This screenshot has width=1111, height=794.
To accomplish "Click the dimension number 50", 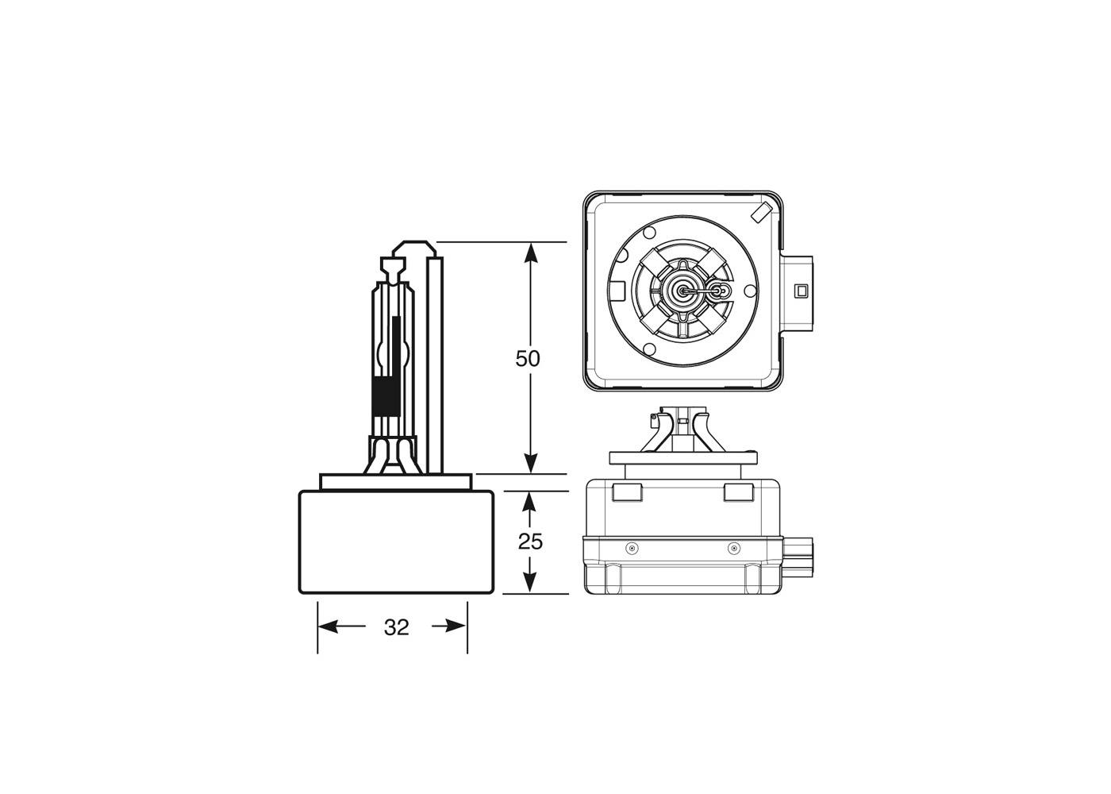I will coord(528,359).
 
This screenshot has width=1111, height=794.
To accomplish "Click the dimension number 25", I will coord(530,542).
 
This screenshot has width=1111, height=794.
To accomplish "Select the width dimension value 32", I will coord(396,627).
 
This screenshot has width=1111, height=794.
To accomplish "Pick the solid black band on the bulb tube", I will coord(386,398).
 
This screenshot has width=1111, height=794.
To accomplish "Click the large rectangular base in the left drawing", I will coord(396,542).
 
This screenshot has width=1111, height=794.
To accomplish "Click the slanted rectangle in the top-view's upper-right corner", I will coord(760,211).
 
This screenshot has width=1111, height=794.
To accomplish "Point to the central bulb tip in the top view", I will coord(682,291).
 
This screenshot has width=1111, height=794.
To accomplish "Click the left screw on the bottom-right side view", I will coord(631,548).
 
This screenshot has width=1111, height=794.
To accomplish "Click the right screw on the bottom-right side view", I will coord(734,548).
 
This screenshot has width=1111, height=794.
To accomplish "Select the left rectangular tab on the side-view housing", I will coord(627,492).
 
